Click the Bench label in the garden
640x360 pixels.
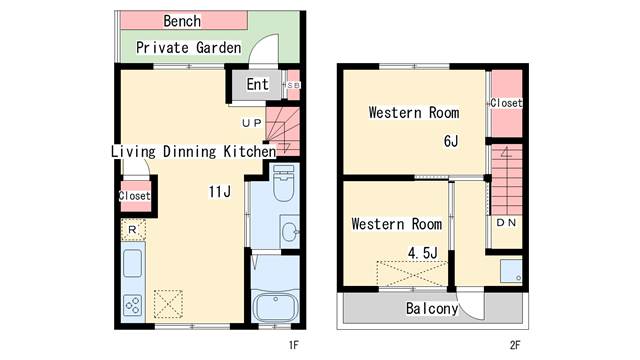182,21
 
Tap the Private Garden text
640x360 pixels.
189,48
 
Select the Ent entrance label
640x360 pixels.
258,84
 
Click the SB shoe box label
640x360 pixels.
293,85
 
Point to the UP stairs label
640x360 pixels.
252,123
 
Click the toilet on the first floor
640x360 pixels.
284,182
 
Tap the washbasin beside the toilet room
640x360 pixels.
290,232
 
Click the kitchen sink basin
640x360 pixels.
133,263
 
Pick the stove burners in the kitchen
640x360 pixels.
133,304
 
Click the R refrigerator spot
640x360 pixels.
132,230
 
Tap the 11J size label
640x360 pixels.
220,191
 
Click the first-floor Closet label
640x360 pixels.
135,196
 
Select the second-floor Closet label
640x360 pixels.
506,103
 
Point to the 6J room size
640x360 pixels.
451,141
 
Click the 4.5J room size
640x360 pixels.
423,253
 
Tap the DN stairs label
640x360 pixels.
506,222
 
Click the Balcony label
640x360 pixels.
432,309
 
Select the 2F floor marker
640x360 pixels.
515,345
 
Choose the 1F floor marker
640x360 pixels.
294,345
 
